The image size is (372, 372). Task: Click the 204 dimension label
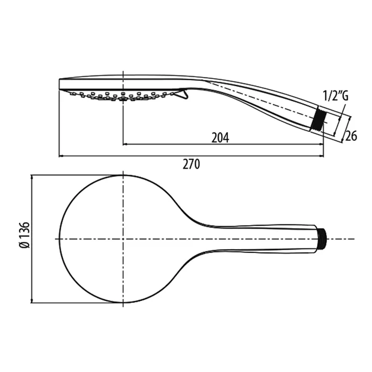220,138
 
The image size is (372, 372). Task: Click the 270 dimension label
191,164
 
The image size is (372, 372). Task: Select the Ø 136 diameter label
24,235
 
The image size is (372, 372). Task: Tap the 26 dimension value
351,136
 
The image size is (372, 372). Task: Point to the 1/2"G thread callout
335,96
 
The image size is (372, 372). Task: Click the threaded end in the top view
322,239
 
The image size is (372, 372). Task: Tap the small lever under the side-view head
183,94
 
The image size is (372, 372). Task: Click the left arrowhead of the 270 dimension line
61,156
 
